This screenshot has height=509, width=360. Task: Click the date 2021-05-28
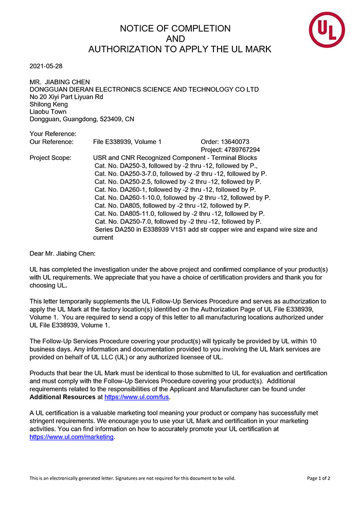(x=46, y=66)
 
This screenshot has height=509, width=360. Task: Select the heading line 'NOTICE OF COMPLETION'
(x=175, y=29)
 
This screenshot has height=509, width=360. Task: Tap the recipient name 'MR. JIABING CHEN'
(x=60, y=82)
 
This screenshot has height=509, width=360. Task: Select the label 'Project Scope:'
(x=50, y=158)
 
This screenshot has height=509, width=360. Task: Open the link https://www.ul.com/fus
(x=137, y=397)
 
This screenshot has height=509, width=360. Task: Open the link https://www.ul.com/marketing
(x=71, y=437)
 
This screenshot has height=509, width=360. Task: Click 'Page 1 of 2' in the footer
(x=318, y=478)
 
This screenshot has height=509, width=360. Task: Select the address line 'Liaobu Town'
(x=48, y=112)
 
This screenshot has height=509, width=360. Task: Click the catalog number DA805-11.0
(x=136, y=213)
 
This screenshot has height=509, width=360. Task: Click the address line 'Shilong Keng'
(x=49, y=104)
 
